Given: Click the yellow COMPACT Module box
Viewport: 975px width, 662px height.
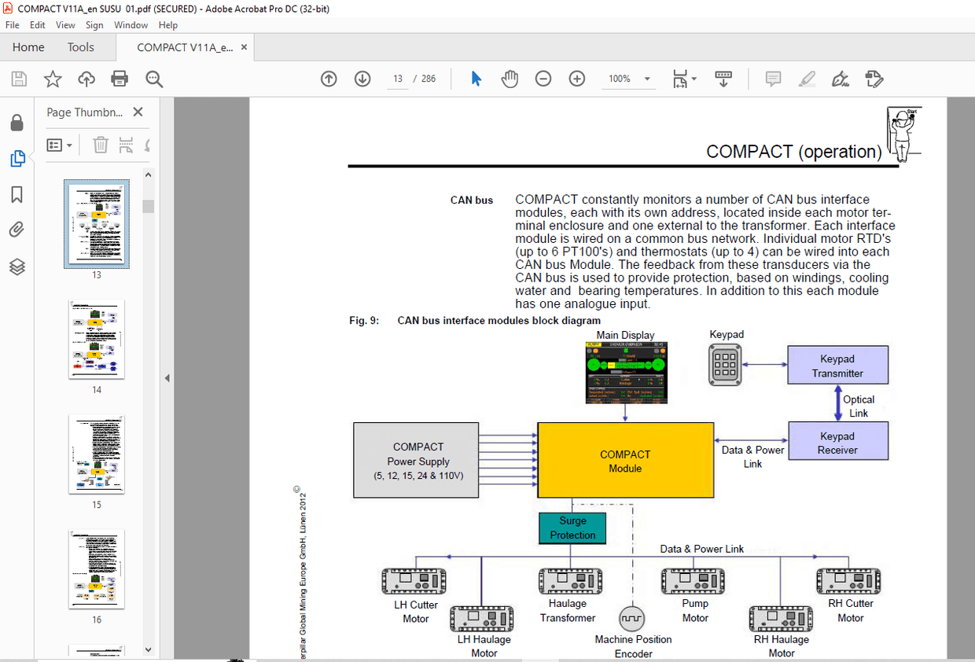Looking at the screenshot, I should [x=625, y=460].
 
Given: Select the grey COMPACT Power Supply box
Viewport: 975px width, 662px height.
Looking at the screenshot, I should [x=416, y=460].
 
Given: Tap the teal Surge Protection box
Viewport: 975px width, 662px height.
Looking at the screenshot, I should [x=572, y=528].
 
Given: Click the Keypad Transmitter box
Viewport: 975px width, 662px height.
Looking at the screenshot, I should [x=837, y=366].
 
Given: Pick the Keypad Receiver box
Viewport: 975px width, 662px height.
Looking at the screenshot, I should [x=837, y=442].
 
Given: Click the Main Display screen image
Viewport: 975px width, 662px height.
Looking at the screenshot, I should [x=627, y=373].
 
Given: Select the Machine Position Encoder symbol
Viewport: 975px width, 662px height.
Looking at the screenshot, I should [x=631, y=617].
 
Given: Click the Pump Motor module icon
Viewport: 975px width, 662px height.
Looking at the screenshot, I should [x=693, y=582].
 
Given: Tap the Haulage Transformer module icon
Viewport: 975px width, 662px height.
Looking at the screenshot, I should [x=570, y=582].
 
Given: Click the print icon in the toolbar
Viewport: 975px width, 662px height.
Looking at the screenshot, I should [x=120, y=79].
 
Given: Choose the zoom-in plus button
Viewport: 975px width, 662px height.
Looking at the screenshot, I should [x=577, y=79].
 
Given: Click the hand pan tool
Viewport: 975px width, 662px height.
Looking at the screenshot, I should [x=510, y=79].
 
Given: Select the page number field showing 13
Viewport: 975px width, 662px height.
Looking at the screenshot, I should [x=398, y=79].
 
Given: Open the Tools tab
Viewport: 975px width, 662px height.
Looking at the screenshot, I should [x=80, y=47].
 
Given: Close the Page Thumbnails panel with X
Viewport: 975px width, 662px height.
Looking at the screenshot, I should [x=138, y=112].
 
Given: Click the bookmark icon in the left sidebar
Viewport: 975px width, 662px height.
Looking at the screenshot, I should [x=17, y=195].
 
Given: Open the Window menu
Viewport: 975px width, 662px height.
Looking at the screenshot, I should [x=131, y=25].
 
